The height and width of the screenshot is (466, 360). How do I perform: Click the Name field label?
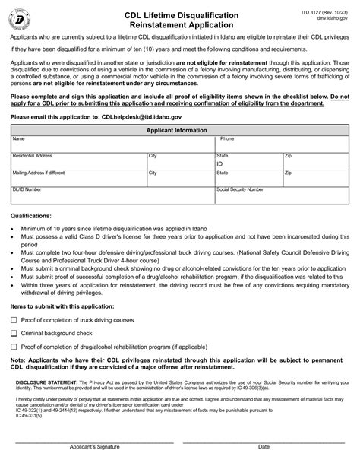19,139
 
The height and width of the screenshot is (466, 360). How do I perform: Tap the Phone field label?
227,139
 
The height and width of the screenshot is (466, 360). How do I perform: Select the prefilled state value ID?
220,163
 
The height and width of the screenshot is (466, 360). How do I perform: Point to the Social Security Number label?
240,189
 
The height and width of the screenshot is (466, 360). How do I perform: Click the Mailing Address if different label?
39,173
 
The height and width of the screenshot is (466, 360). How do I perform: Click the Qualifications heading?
31,216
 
